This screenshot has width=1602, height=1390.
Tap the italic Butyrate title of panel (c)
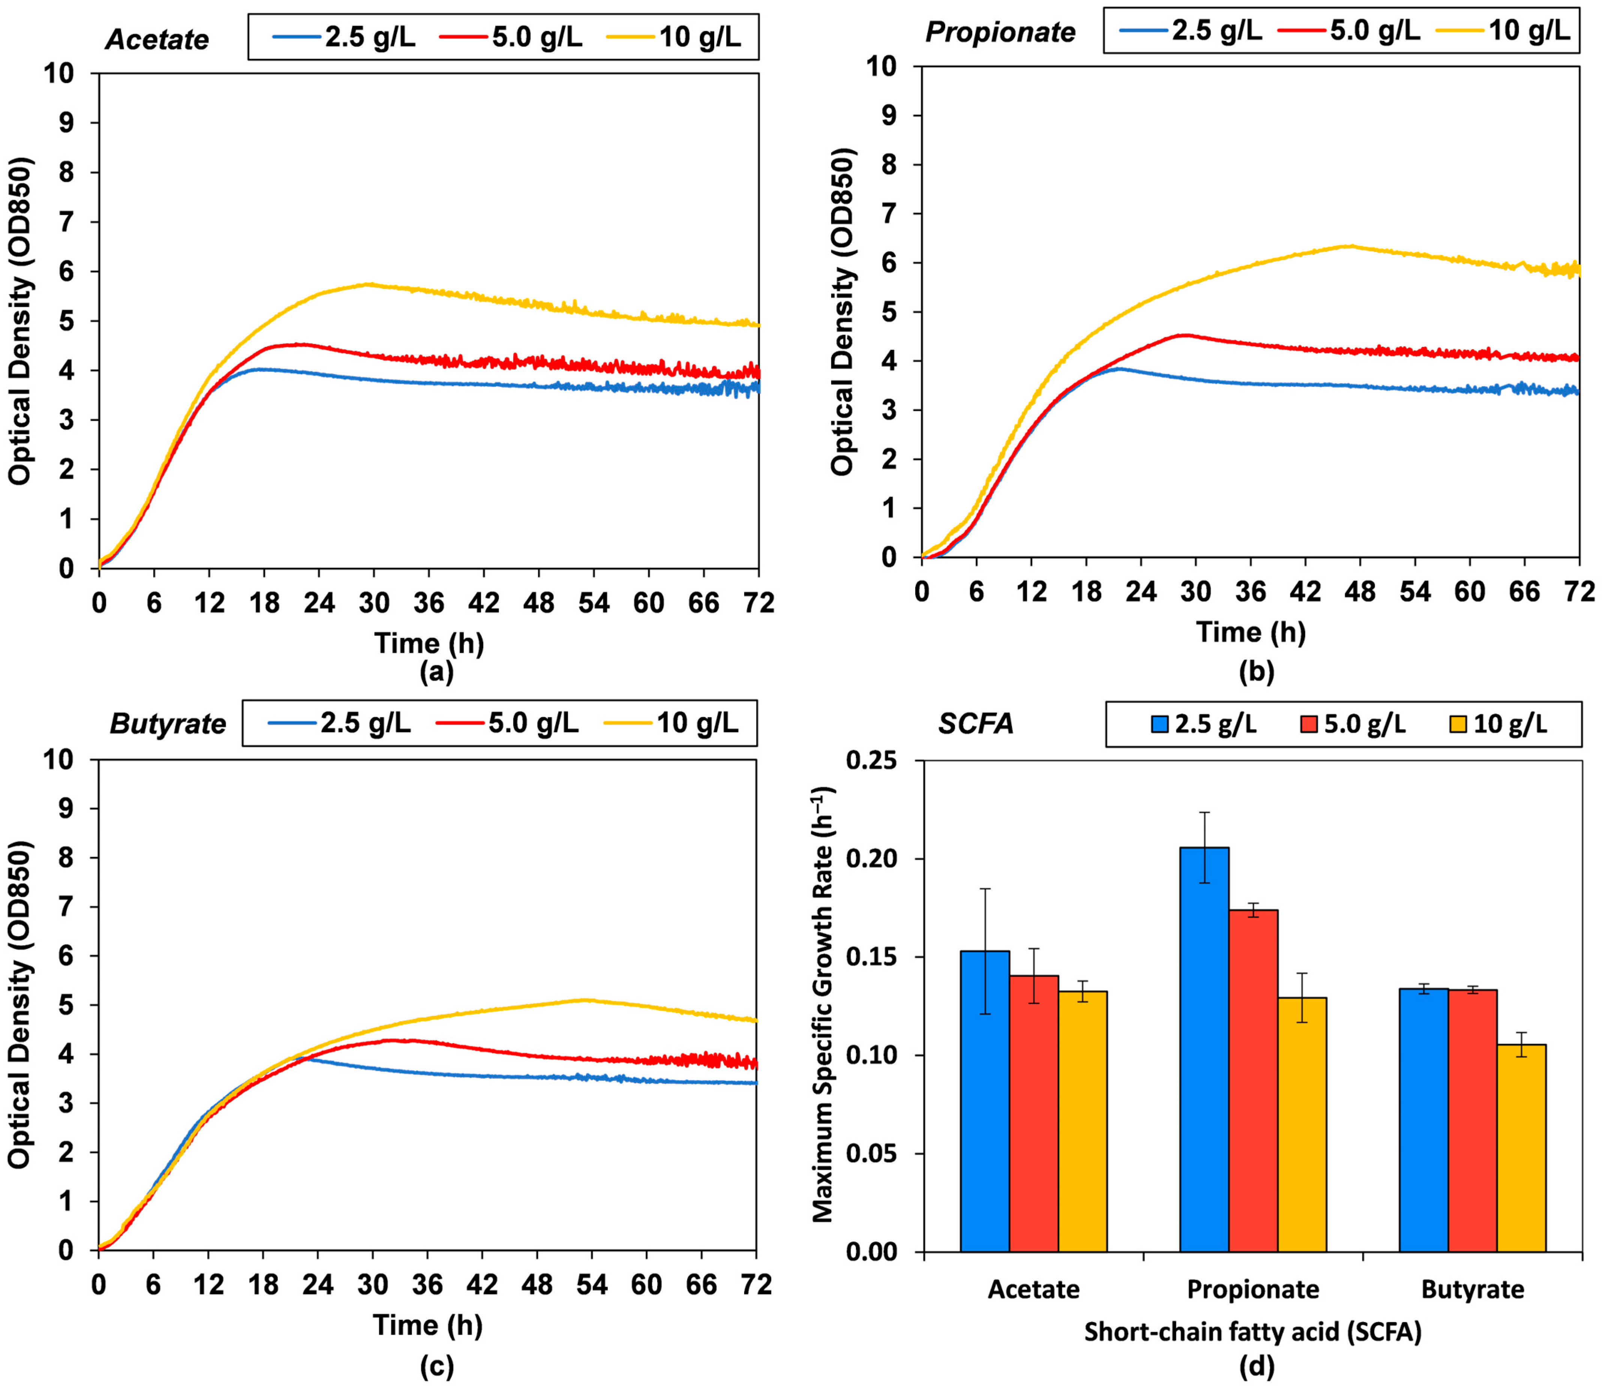coord(168,724)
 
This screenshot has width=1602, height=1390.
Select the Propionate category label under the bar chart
coord(1253,1289)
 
